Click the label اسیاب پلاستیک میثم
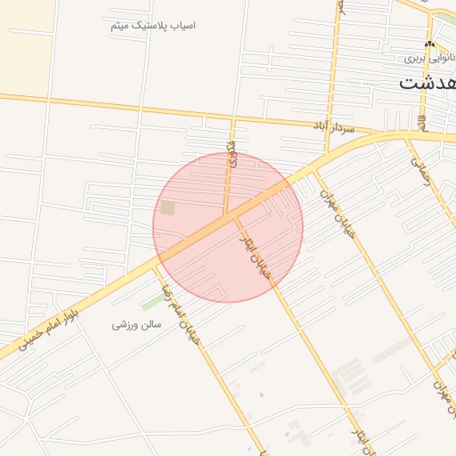[152, 25]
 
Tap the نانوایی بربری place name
[424, 58]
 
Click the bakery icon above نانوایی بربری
[430, 45]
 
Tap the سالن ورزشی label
[136, 325]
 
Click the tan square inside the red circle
[167, 208]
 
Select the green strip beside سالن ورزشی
[151, 302]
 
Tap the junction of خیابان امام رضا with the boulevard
[158, 259]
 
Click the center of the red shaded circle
[228, 227]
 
